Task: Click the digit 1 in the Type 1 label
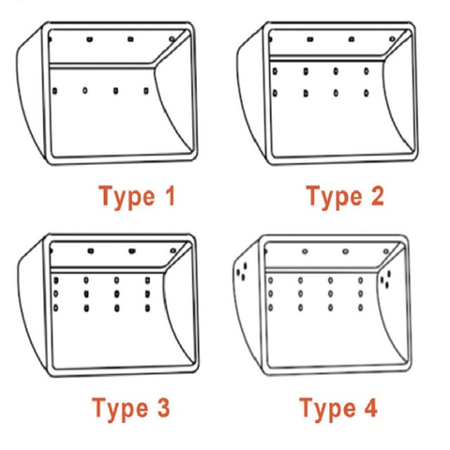click(x=171, y=196)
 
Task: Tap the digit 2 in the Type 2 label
click(x=378, y=196)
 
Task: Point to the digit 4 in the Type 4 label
click(x=370, y=408)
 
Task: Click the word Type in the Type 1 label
click(x=127, y=198)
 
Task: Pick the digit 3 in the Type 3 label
click(x=164, y=408)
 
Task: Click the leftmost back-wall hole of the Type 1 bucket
click(x=55, y=91)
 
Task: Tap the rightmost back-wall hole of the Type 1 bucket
click(x=146, y=91)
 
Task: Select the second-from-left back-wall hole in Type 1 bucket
click(x=85, y=91)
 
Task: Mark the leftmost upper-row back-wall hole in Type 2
click(x=275, y=71)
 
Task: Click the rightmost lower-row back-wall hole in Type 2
click(x=367, y=93)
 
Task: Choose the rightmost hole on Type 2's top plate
click(x=392, y=39)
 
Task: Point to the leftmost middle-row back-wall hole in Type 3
click(x=55, y=293)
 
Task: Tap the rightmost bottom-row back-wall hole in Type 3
click(x=147, y=308)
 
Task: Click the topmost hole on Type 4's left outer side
click(x=246, y=266)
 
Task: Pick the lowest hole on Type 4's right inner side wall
click(x=387, y=285)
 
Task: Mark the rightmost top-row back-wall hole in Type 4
click(x=360, y=280)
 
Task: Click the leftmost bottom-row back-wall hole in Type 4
click(x=270, y=307)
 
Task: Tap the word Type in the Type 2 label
click(x=334, y=198)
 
